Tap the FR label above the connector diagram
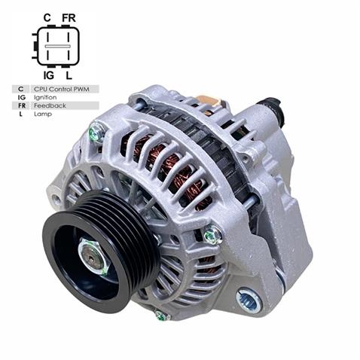pos(69,16)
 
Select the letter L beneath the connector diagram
pos(69,75)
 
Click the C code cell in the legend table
pos(20,89)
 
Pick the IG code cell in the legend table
pos(20,97)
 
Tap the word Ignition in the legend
pos(45,97)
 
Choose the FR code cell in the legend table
pos(20,105)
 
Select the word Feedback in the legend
pos(49,105)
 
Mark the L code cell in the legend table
pos(20,114)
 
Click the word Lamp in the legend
pos(42,114)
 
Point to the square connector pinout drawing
pos(56,45)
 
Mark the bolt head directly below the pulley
pos(160,316)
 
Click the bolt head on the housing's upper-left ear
pos(96,133)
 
